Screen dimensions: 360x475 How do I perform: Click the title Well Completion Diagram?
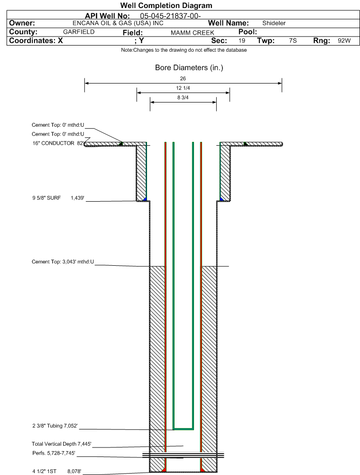(166, 5)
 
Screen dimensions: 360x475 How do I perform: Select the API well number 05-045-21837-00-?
(170, 16)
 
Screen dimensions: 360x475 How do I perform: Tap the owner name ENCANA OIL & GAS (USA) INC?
(118, 23)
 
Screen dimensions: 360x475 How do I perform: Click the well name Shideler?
(274, 23)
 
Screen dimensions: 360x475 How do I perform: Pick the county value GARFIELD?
(79, 32)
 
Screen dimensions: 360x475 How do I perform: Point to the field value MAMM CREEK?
(193, 33)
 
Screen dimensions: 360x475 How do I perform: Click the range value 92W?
(344, 41)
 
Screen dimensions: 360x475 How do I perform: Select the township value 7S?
(293, 41)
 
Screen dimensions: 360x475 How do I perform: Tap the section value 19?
(242, 41)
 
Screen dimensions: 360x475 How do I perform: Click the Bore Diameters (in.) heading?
(189, 67)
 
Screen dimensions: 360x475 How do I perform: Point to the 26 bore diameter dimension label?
(183, 78)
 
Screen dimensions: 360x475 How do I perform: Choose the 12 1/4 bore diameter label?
(183, 88)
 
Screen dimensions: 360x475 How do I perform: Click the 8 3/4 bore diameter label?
(183, 98)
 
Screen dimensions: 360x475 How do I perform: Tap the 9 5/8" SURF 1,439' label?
(58, 198)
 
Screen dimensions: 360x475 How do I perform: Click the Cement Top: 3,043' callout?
(63, 262)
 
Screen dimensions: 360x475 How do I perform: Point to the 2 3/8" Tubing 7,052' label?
(55, 426)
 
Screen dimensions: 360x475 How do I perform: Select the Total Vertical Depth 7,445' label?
(62, 444)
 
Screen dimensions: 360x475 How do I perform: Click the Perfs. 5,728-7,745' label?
(54, 453)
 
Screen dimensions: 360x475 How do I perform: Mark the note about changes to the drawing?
(184, 50)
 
